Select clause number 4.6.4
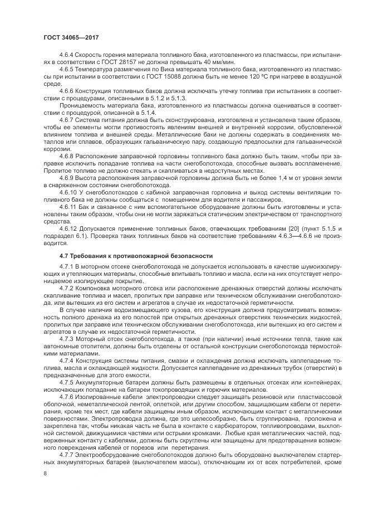point(66,55)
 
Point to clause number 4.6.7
point(66,120)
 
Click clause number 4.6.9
point(66,177)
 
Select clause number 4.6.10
point(68,191)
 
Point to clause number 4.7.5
point(66,382)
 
